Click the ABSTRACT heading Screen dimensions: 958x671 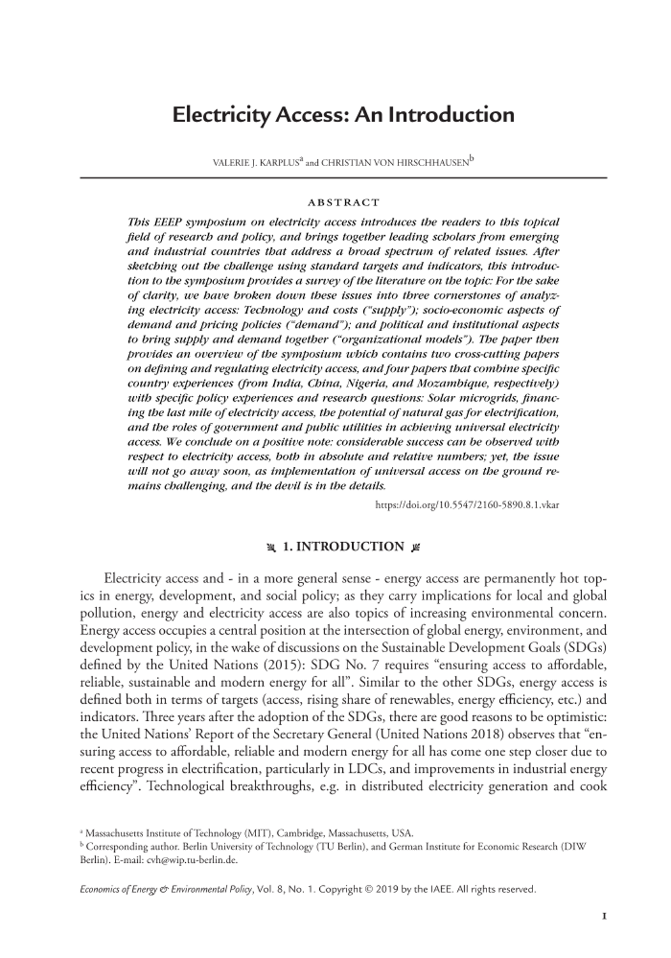[343, 203]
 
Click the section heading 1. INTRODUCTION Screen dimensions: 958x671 [343, 547]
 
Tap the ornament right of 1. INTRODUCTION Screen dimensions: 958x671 [416, 547]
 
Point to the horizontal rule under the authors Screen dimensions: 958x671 [343, 178]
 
